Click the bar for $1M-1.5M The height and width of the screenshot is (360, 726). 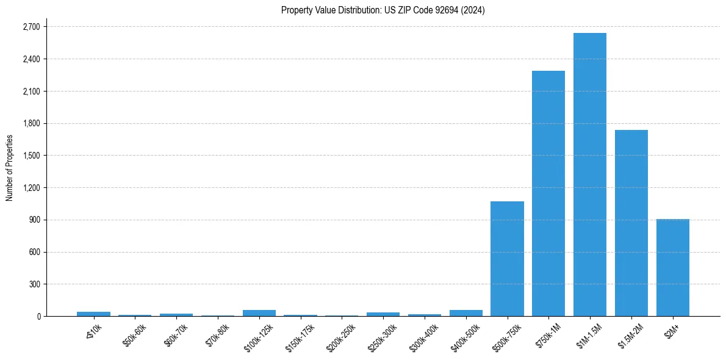pyautogui.click(x=590, y=175)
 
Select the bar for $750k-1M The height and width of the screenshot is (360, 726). pyautogui.click(x=548, y=193)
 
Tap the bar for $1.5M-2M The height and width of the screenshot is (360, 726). pyautogui.click(x=631, y=223)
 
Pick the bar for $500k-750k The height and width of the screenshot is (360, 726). pyautogui.click(x=507, y=259)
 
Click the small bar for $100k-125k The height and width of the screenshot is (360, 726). pyautogui.click(x=259, y=313)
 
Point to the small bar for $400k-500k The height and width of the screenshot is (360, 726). pyautogui.click(x=466, y=313)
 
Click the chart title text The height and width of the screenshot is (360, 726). pyautogui.click(x=383, y=10)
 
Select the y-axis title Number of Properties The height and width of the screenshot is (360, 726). pyautogui.click(x=10, y=168)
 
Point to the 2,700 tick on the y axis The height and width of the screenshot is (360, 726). pyautogui.click(x=31, y=27)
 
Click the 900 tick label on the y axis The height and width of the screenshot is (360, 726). pyautogui.click(x=34, y=220)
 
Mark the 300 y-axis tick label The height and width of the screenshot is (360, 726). pyautogui.click(x=34, y=284)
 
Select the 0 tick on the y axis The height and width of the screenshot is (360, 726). pyautogui.click(x=38, y=316)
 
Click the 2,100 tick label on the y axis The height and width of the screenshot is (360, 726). pyautogui.click(x=31, y=92)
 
